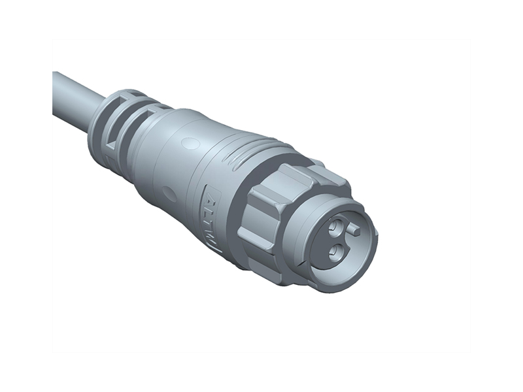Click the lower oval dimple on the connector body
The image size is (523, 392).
coord(169,193)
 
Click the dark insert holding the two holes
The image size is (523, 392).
coord(340,240)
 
